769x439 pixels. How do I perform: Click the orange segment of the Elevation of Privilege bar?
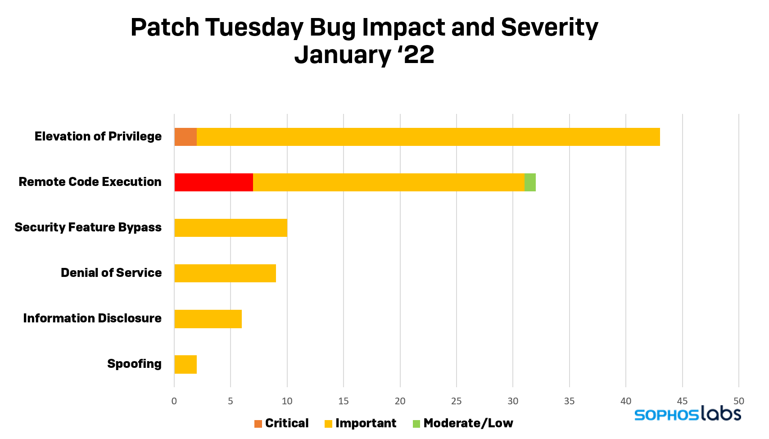[x=185, y=137]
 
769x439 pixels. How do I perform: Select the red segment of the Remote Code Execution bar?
[x=213, y=182]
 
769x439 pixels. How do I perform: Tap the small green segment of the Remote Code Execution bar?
[x=530, y=182]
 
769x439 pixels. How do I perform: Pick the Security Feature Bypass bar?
[x=231, y=228]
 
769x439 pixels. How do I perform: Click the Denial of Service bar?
[x=225, y=273]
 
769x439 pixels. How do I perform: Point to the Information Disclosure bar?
[x=208, y=319]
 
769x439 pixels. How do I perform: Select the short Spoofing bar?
[x=185, y=364]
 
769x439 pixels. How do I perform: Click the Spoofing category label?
[x=134, y=364]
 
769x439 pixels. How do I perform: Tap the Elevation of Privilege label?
[x=98, y=136]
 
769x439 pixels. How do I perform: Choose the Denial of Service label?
[x=111, y=273]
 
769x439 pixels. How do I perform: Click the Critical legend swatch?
[x=258, y=424]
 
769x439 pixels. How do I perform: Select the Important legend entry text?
[x=366, y=423]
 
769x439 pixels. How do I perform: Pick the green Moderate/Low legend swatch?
[x=416, y=424]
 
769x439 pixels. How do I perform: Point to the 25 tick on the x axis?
[x=457, y=401]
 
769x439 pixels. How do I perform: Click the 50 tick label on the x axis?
[x=739, y=401]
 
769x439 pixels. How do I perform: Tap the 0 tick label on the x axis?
[x=174, y=401]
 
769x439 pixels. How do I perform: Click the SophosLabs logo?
[x=688, y=414]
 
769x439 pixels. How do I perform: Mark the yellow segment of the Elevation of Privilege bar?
[x=428, y=137]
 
